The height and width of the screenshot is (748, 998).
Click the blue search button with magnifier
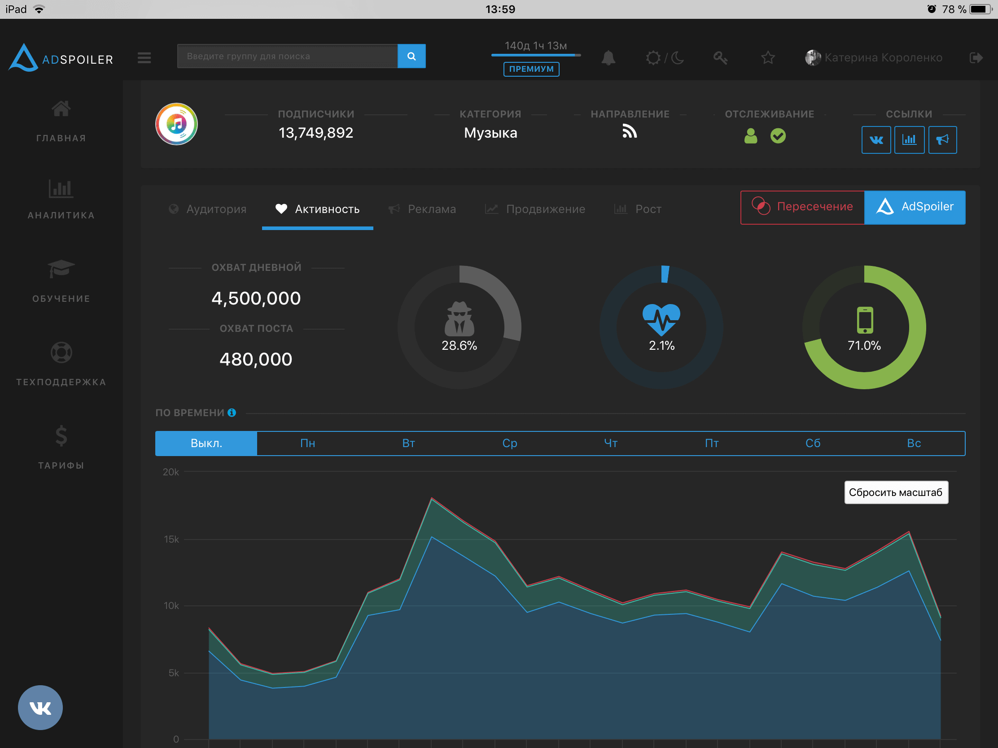pyautogui.click(x=411, y=57)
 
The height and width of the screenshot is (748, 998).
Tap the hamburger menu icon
pyautogui.click(x=144, y=58)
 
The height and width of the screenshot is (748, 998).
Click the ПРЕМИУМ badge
pyautogui.click(x=531, y=69)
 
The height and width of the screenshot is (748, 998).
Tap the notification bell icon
pyautogui.click(x=608, y=58)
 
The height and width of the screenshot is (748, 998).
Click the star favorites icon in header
pyautogui.click(x=767, y=58)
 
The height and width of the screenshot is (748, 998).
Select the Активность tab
pyautogui.click(x=318, y=209)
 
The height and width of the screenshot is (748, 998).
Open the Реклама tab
pyautogui.click(x=422, y=209)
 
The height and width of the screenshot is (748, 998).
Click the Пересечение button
pyautogui.click(x=802, y=207)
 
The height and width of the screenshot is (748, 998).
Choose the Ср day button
pyautogui.click(x=509, y=443)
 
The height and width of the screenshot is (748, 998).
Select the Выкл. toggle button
pyautogui.click(x=206, y=443)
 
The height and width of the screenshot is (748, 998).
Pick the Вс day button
pyautogui.click(x=914, y=443)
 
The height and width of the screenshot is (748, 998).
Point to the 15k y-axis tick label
pyautogui.click(x=171, y=539)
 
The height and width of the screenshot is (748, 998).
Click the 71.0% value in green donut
pyautogui.click(x=864, y=346)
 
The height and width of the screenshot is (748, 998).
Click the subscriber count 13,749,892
pyautogui.click(x=316, y=133)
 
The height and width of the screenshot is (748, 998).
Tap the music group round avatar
pyautogui.click(x=176, y=124)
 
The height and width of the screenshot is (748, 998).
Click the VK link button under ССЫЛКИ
pyautogui.click(x=876, y=140)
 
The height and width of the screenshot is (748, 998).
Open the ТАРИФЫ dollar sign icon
pyautogui.click(x=61, y=436)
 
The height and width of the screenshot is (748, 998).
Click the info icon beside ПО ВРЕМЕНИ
pyautogui.click(x=232, y=413)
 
